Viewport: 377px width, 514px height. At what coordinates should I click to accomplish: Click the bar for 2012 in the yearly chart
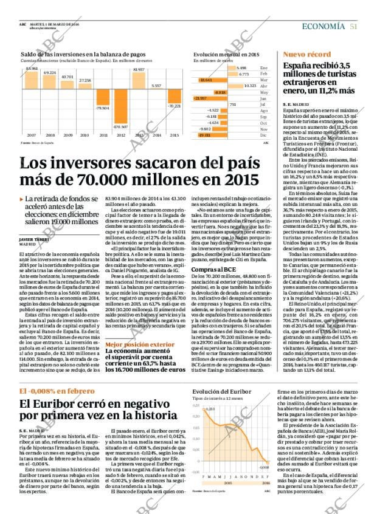coord(120,108)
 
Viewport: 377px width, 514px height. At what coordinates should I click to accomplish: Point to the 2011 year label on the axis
coord(102,135)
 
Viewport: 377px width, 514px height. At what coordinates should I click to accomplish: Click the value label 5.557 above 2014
coord(157,86)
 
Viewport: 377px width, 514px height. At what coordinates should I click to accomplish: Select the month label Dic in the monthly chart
coord(263,135)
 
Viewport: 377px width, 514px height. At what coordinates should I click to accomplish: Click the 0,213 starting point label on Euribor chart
coord(212,409)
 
